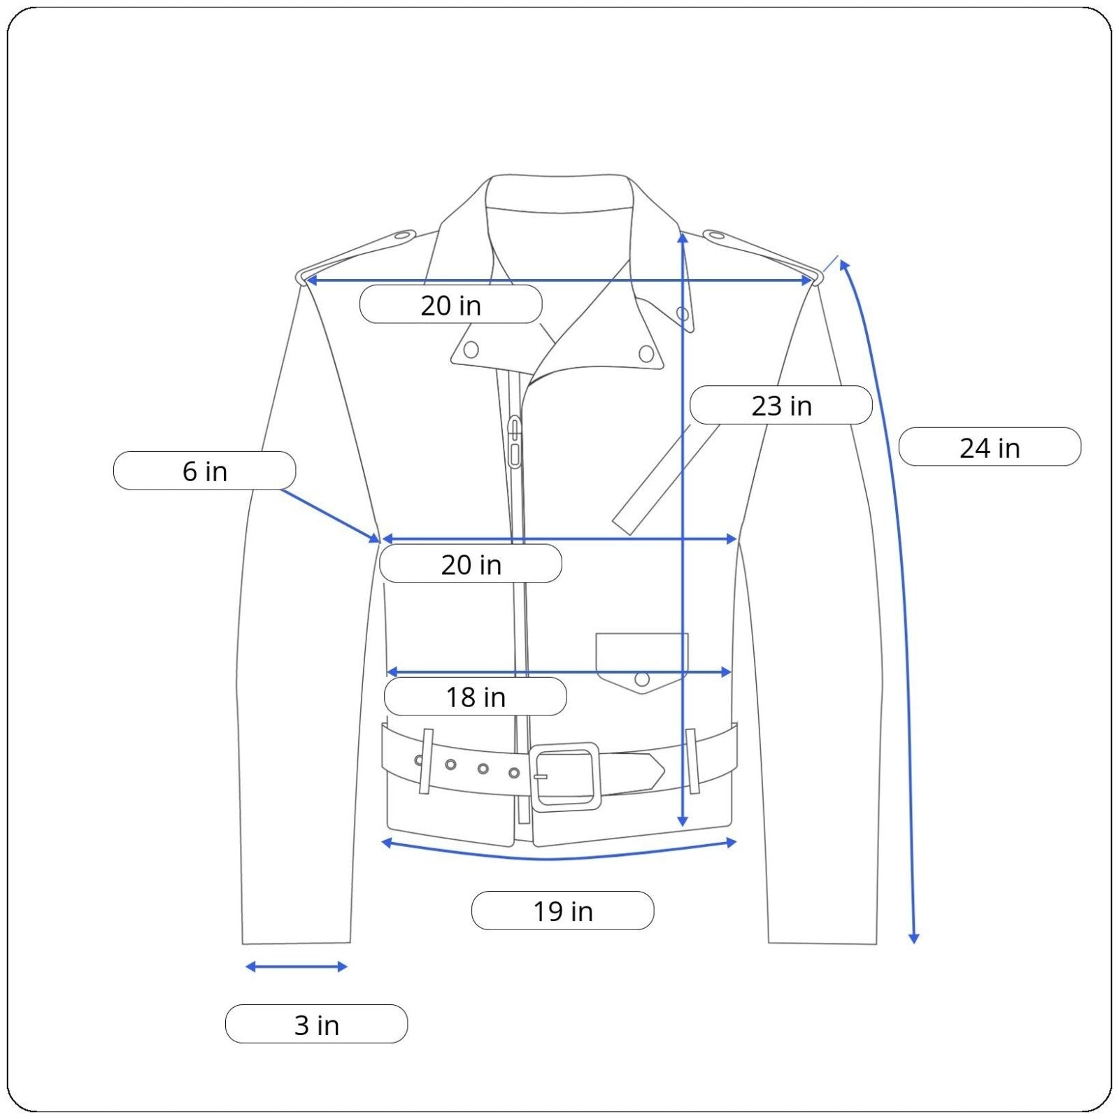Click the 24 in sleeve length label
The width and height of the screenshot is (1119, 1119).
click(990, 447)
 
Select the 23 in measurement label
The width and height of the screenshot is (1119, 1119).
click(781, 405)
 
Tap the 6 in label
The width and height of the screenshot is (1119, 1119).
click(204, 471)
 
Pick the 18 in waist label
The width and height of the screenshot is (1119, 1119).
click(476, 697)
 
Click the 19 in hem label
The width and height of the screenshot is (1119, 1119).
click(563, 911)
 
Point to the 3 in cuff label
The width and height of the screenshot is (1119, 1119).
click(316, 1025)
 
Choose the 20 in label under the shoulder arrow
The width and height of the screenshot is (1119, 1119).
click(451, 304)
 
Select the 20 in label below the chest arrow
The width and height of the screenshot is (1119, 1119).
click(471, 564)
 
